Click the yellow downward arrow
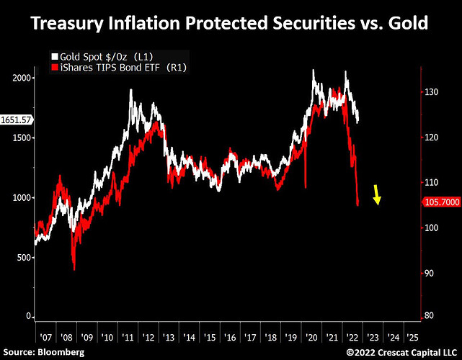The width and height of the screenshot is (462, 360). tap(377, 194)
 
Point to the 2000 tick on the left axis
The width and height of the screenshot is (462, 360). tap(22, 77)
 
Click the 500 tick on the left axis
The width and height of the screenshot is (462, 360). tap(24, 257)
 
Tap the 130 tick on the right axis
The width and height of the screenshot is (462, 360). tap(432, 93)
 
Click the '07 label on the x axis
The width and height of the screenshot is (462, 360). tap(46, 336)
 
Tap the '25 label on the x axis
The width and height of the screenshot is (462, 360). tap(412, 336)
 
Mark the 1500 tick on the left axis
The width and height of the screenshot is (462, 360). tap(22, 138)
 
